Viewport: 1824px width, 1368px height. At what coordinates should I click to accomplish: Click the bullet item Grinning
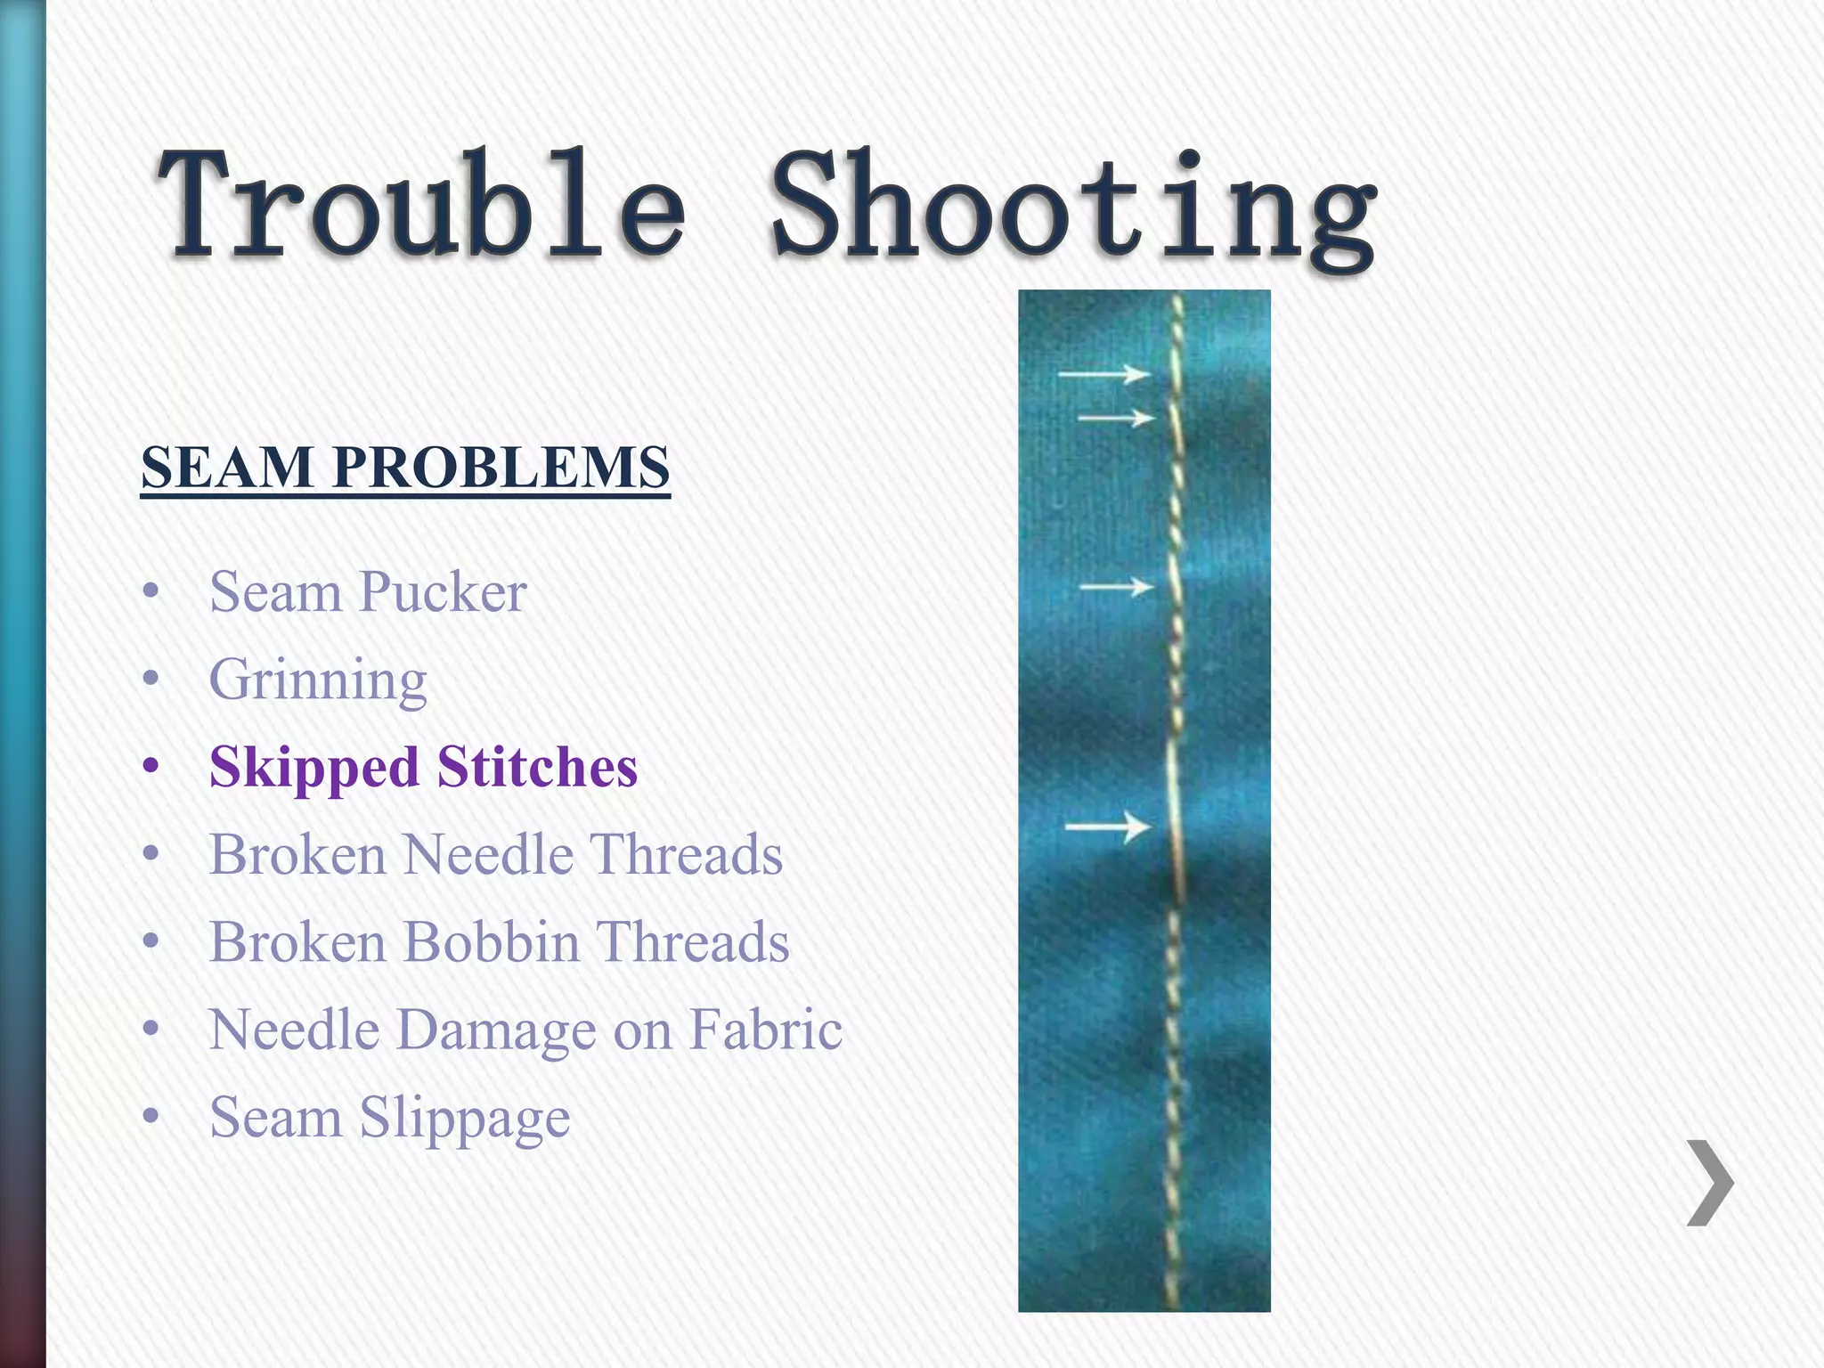click(x=318, y=680)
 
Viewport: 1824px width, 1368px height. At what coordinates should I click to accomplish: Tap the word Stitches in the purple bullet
click(x=537, y=767)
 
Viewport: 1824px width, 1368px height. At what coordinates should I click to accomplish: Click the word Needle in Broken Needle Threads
click(x=487, y=855)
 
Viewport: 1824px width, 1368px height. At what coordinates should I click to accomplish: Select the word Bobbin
click(x=491, y=942)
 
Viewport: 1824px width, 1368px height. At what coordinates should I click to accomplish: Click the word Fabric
click(x=765, y=1030)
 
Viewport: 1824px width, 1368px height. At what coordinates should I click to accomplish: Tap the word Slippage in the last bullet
click(x=464, y=1119)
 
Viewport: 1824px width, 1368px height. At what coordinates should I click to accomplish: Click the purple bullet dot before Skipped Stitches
click(x=151, y=766)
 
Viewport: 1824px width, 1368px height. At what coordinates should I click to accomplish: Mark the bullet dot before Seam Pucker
click(x=151, y=590)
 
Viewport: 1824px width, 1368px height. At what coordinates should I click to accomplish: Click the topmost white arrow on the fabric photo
click(x=1103, y=375)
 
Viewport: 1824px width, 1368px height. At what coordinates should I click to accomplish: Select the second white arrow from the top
click(x=1116, y=417)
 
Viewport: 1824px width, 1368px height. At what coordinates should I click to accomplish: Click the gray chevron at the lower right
click(x=1710, y=1183)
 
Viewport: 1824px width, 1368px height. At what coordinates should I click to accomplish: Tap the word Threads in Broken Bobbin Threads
click(x=692, y=942)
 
